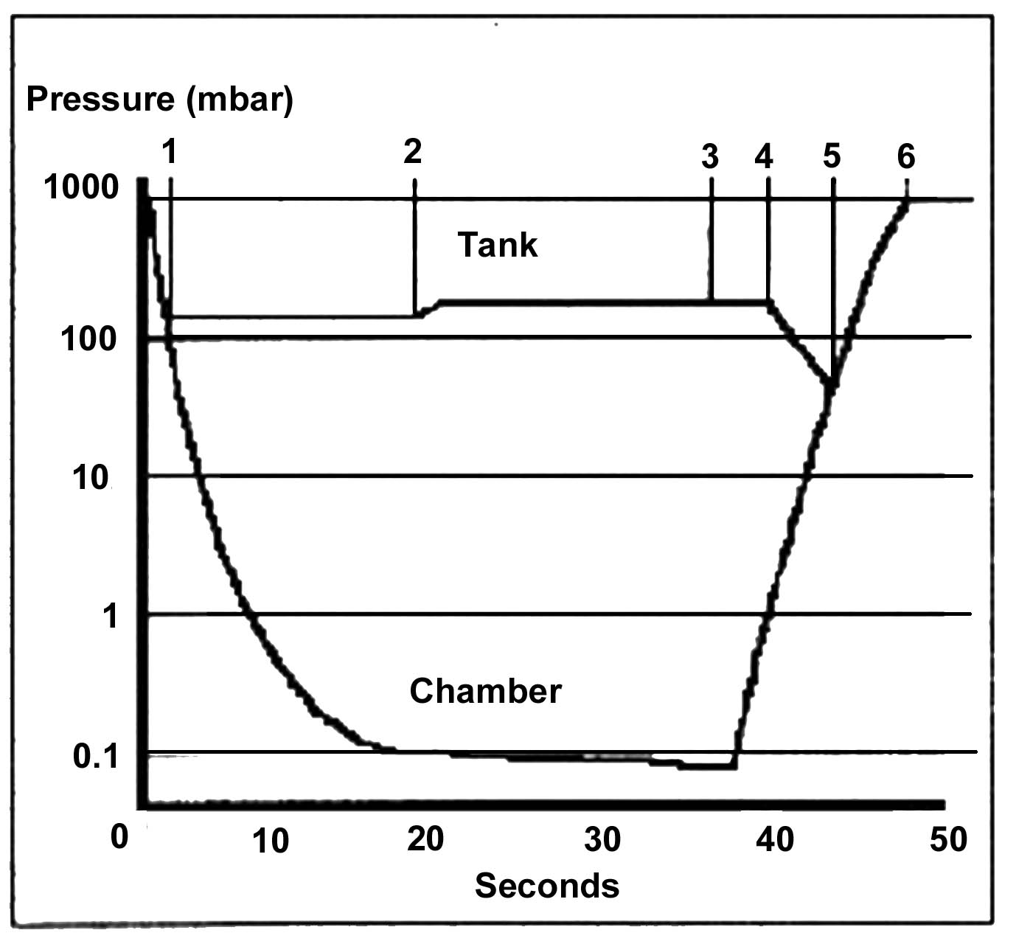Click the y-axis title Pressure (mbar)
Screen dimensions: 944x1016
pos(159,99)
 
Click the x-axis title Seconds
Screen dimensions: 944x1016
pos(546,885)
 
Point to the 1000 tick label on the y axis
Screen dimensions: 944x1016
pos(81,187)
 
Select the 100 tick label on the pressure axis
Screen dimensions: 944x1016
pos(89,339)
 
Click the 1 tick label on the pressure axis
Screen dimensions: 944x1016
pos(111,615)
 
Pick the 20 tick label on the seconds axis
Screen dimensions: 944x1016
pos(425,839)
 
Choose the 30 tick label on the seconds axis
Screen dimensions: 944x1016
pos(602,839)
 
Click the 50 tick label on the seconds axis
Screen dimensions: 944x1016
pos(948,839)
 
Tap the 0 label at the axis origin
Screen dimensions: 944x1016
pos(119,837)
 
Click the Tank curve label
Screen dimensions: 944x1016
pos(498,245)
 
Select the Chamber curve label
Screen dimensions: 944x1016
pos(485,692)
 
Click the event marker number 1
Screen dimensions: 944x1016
pos(170,152)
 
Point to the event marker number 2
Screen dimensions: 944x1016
pos(413,151)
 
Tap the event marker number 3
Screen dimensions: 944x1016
pos(709,156)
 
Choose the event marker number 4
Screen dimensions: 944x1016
pos(764,156)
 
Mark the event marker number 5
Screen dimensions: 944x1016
pos(832,156)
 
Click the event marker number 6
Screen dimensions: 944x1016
pos(906,156)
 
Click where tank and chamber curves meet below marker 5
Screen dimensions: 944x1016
pos(832,383)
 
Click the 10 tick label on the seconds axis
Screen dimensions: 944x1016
pos(271,841)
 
